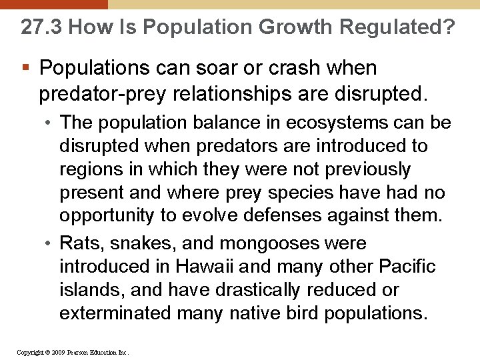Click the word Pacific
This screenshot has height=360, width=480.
(406, 267)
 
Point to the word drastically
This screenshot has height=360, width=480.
(259, 290)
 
